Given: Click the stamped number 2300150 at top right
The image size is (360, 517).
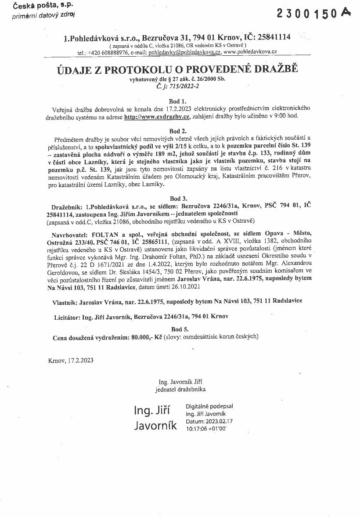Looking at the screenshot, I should [x=308, y=14].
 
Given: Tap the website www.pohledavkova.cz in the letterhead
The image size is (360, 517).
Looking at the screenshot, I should [x=250, y=52].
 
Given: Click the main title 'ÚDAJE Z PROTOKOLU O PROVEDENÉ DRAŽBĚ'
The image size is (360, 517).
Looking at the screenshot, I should [x=178, y=69].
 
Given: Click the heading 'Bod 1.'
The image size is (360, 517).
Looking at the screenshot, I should [x=178, y=101].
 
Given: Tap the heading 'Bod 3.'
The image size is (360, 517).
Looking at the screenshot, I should [x=178, y=199].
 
